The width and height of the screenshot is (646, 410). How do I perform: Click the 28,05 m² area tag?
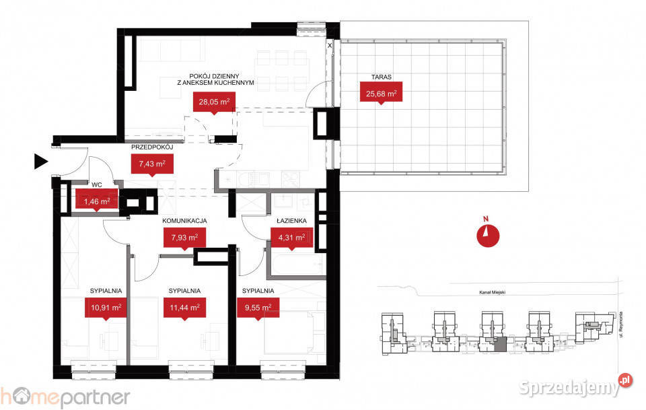click(x=214, y=102)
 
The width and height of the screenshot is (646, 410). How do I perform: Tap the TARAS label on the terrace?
click(x=381, y=77)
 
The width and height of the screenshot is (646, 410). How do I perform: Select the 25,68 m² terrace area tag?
click(x=381, y=92)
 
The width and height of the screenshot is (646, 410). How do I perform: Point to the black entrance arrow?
click(x=41, y=162)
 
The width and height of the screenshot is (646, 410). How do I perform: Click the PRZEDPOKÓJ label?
click(x=152, y=147)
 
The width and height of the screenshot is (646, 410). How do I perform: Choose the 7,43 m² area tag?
click(x=152, y=164)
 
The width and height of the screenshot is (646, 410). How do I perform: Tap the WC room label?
click(x=97, y=185)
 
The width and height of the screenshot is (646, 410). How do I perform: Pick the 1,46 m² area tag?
click(x=97, y=201)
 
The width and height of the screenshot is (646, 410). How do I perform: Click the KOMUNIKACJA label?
click(x=184, y=221)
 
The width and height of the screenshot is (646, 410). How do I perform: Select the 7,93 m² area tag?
click(x=184, y=238)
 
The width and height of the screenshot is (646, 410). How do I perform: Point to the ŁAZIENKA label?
click(x=291, y=221)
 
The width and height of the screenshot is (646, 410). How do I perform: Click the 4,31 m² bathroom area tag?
click(x=291, y=238)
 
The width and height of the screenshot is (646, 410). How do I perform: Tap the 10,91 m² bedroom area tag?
click(x=106, y=308)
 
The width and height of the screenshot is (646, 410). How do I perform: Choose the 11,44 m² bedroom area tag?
click(x=184, y=308)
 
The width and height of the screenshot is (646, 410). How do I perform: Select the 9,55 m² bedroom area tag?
click(x=258, y=308)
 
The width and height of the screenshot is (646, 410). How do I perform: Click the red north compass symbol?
click(x=488, y=235)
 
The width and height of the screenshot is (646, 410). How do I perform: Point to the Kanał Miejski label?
click(x=493, y=293)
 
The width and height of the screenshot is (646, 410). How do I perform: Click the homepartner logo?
click(x=65, y=398)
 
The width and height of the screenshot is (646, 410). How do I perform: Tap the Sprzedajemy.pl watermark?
click(x=575, y=386)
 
